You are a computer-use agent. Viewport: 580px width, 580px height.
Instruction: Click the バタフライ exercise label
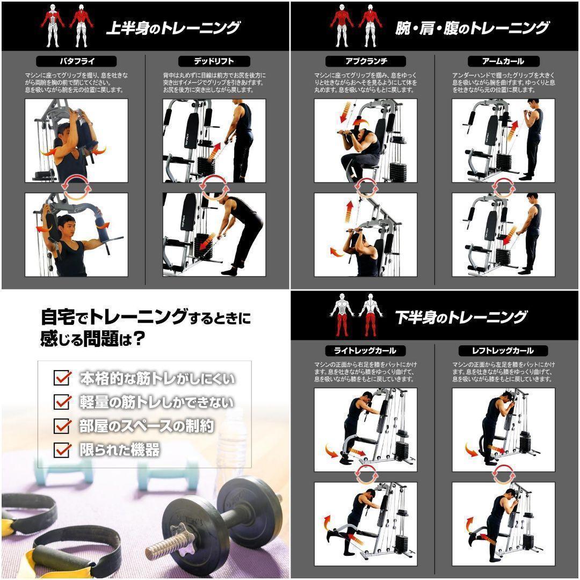click(76, 61)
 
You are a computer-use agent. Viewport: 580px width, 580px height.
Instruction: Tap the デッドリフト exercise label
click(214, 61)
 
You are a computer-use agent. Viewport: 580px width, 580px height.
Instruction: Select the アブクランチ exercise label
click(366, 61)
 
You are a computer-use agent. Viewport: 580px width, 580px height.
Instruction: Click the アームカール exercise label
click(503, 61)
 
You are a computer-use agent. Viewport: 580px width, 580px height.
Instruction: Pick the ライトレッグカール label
click(365, 351)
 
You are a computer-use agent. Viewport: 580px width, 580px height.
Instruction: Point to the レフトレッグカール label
click(503, 351)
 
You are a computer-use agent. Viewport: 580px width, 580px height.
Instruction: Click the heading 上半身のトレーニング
click(172, 27)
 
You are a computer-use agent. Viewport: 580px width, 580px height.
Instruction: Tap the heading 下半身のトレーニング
click(461, 317)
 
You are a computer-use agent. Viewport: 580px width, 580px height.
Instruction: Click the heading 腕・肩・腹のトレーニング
click(472, 27)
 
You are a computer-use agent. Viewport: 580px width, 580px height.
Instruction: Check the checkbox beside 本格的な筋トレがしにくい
click(62, 378)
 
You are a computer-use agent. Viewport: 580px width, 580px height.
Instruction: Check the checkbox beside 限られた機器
click(62, 450)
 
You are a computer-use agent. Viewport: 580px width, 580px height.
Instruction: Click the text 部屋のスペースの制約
click(147, 426)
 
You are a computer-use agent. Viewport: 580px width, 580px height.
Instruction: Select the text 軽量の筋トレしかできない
click(156, 402)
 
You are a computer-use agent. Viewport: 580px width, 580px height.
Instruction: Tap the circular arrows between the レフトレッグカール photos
click(503, 476)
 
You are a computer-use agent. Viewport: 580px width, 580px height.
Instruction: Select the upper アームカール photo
click(503, 140)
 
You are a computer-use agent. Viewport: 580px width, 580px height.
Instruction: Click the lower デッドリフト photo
click(214, 235)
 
